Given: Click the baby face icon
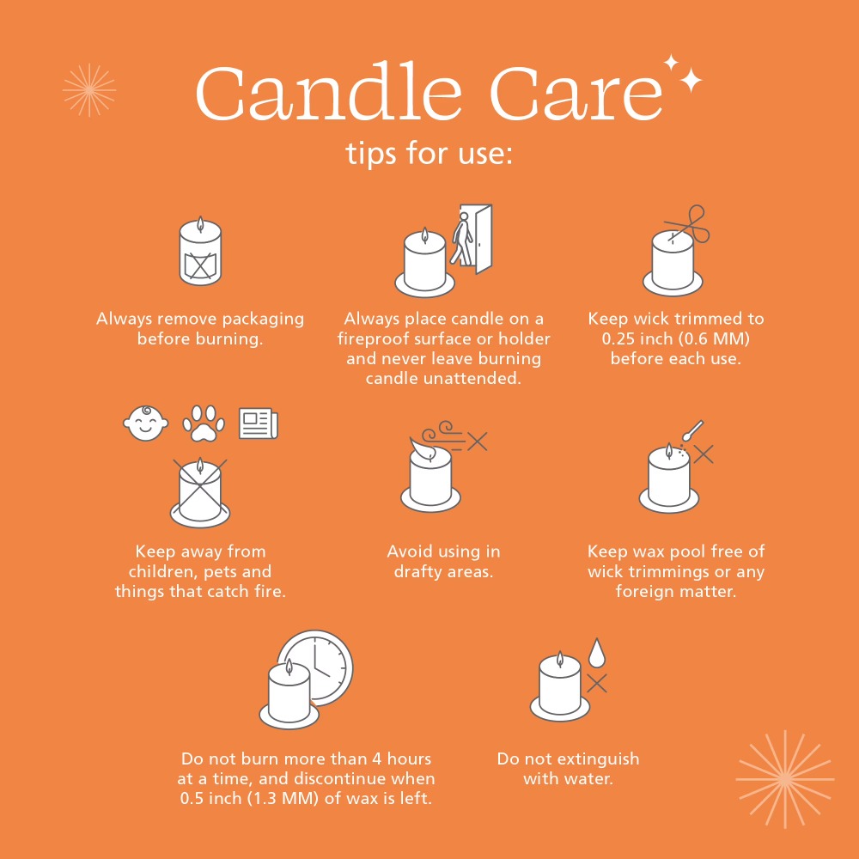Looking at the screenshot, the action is (x=146, y=423).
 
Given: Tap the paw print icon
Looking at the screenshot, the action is (x=204, y=423).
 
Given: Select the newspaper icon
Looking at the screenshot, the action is (x=259, y=423).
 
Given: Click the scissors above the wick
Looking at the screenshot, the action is (x=689, y=223).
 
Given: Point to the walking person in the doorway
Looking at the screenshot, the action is (x=461, y=239).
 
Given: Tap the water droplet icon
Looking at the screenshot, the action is (x=597, y=653).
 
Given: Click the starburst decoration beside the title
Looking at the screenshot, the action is (x=89, y=90).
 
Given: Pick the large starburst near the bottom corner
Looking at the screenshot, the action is (x=785, y=779).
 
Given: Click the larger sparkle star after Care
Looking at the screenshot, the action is (x=691, y=80).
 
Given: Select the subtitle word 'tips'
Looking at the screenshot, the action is (x=372, y=153).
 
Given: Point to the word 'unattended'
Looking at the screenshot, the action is (x=471, y=378).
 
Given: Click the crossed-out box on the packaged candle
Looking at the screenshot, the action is (x=200, y=266).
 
